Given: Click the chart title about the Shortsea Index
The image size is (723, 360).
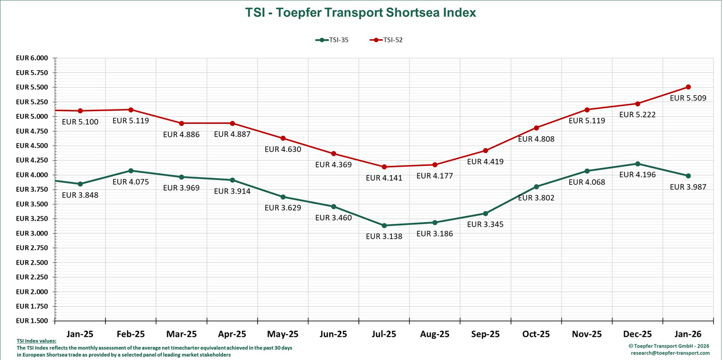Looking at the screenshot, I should click(x=360, y=13).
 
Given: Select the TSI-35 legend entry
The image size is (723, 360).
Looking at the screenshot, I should click(x=333, y=40).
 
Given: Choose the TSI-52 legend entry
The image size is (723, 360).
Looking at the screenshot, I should click(x=387, y=40).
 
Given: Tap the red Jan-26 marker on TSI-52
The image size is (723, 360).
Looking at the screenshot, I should click(x=688, y=87).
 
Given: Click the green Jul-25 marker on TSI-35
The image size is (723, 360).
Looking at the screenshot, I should click(x=384, y=225).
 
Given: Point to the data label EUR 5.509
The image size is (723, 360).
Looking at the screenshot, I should click(x=688, y=98).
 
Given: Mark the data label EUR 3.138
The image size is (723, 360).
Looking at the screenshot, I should click(x=384, y=237).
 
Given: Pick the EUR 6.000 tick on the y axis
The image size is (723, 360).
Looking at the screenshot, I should click(x=32, y=58).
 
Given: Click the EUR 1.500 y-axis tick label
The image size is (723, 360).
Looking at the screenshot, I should click(x=32, y=321).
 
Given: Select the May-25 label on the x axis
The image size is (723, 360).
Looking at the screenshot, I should click(x=283, y=335).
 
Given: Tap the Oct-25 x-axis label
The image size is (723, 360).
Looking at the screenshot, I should click(x=536, y=335).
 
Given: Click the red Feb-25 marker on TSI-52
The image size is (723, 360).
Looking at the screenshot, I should click(x=131, y=110).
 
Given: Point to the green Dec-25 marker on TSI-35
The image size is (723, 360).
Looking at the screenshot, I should click(x=637, y=164).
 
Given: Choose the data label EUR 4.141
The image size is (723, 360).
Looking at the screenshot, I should click(x=384, y=178).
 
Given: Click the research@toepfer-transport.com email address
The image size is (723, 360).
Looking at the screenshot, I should click(x=670, y=353).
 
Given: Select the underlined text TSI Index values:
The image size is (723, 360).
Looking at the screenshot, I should click(x=36, y=341).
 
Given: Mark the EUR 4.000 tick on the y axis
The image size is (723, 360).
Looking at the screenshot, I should click(x=32, y=175).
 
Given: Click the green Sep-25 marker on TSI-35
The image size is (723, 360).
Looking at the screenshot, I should click(x=486, y=213).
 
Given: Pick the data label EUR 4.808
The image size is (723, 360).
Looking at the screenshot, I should click(x=536, y=139).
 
